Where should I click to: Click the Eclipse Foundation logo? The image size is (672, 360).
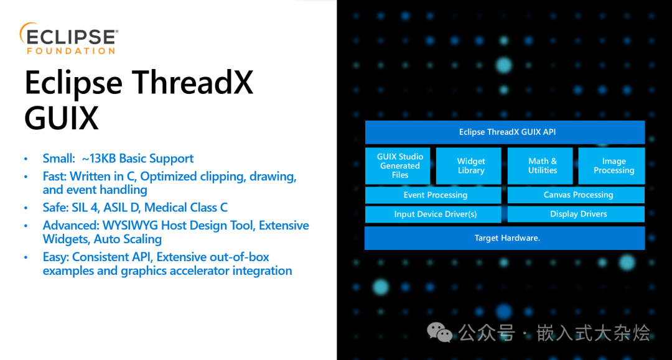(x=69, y=39)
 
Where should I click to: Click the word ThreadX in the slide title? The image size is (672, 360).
(x=192, y=83)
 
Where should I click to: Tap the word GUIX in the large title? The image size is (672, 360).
(x=61, y=118)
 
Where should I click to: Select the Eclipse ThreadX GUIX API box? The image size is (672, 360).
(x=505, y=132)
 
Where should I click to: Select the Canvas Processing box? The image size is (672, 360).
(x=576, y=195)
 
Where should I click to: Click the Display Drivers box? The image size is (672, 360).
(x=576, y=214)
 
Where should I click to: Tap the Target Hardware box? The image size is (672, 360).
(x=505, y=238)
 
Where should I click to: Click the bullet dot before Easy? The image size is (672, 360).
(x=26, y=257)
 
